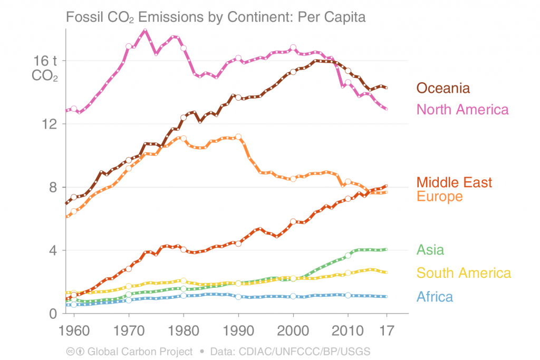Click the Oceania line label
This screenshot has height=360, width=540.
click(443, 88)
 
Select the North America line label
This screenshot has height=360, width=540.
click(462, 109)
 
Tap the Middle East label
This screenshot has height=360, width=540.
click(454, 182)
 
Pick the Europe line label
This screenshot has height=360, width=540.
click(439, 197)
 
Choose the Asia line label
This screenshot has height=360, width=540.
click(430, 249)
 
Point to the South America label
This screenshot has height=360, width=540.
click(464, 273)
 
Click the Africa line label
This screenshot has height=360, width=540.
click(435, 296)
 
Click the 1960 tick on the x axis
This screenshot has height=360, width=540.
click(74, 331)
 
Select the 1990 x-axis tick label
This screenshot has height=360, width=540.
click(238, 331)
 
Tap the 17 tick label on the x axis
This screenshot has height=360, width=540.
click(387, 331)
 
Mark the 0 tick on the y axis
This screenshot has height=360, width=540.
click(54, 314)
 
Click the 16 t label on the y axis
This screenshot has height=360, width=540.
click(46, 61)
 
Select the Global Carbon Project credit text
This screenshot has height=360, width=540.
click(140, 351)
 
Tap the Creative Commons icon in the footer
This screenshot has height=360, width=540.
click(70, 351)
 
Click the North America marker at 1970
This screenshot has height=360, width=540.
click(129, 46)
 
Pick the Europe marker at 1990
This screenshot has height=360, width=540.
click(238, 137)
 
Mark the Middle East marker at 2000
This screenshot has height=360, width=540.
click(293, 222)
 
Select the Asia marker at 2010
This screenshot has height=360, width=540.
click(348, 255)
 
